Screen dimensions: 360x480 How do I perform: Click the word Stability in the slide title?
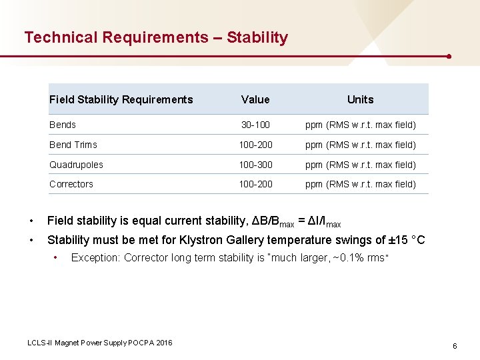tap(257, 37)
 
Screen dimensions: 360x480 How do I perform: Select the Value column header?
tap(255, 100)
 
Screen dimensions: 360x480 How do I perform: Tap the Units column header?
tap(360, 100)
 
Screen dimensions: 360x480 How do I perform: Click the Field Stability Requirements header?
tap(121, 100)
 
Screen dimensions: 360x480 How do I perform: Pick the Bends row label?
tap(63, 125)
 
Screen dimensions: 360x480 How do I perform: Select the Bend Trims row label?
tap(73, 145)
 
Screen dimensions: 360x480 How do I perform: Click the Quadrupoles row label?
tap(76, 165)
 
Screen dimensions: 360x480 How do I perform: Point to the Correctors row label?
tap(71, 184)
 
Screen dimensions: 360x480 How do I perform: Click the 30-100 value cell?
tap(255, 125)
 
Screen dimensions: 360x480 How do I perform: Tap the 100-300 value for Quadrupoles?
tap(255, 165)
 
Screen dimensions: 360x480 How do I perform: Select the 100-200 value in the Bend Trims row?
tap(255, 145)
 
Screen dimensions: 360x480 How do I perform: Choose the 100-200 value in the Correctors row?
tap(255, 184)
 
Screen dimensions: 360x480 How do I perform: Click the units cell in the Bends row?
tap(360, 125)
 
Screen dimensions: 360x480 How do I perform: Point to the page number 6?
tap(455, 346)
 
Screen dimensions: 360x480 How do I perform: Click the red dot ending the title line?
tap(449, 56)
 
